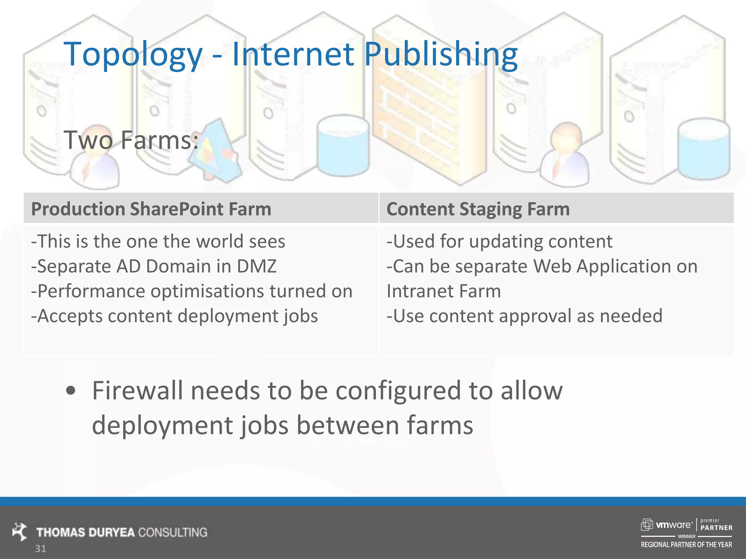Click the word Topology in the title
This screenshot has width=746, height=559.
[x=133, y=55]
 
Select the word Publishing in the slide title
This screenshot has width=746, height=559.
[x=441, y=55]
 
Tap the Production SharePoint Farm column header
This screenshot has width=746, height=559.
[x=151, y=209]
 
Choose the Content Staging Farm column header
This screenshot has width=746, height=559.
[x=478, y=209]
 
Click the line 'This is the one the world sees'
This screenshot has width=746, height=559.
[x=158, y=241]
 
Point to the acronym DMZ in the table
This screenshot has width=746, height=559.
[x=257, y=266]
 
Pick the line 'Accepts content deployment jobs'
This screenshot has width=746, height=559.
[x=174, y=316]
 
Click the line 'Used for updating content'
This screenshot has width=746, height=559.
[x=499, y=241]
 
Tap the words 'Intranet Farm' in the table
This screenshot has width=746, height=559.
[x=444, y=291]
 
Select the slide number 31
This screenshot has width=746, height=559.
[x=40, y=549]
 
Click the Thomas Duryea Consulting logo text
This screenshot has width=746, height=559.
[x=122, y=532]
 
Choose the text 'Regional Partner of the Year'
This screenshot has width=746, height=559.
[x=686, y=545]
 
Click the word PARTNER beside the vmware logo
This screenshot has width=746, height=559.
[x=716, y=528]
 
